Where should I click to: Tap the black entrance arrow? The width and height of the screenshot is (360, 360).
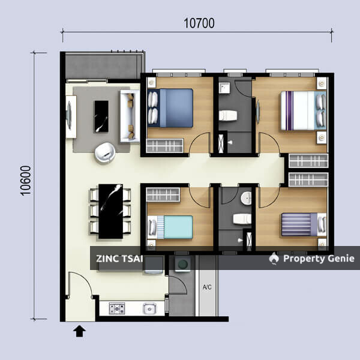pyautogui.click(x=79, y=330)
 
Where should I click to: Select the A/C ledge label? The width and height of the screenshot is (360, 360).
pyautogui.click(x=207, y=286)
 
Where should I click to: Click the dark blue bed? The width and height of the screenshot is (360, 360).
pyautogui.click(x=172, y=107)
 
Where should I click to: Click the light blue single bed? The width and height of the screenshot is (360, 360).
pyautogui.click(x=172, y=227)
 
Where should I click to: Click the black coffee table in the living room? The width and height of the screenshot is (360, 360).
pyautogui.click(x=101, y=116)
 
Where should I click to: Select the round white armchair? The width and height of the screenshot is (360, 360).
pyautogui.click(x=106, y=152)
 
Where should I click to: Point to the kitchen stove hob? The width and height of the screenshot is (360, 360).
pyautogui.click(x=116, y=308)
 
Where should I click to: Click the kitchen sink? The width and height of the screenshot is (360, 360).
pyautogui.click(x=149, y=309)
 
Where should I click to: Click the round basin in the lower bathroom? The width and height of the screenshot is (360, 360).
pyautogui.click(x=247, y=199)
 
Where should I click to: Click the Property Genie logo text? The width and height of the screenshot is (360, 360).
pyautogui.click(x=319, y=259)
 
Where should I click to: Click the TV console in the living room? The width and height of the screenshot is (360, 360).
pyautogui.click(x=70, y=116)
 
